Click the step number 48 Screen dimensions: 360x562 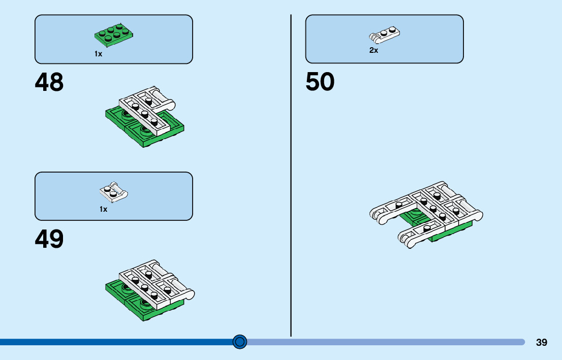click(x=49, y=82)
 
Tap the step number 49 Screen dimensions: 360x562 click(x=49, y=239)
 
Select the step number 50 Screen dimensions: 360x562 click(x=320, y=82)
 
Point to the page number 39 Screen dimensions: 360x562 click(x=542, y=342)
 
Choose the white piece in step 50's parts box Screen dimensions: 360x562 click(x=384, y=35)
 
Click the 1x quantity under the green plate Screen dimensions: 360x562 click(x=98, y=54)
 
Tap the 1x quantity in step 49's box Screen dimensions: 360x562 click(x=103, y=209)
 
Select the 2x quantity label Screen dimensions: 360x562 click(x=373, y=50)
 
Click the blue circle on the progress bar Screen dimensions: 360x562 click(x=240, y=342)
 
